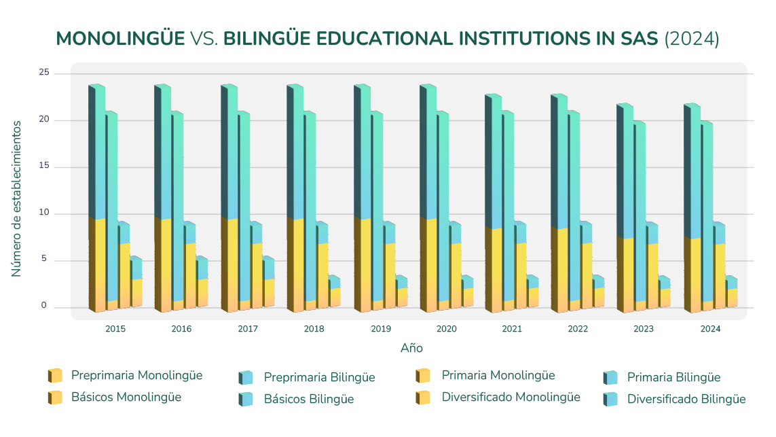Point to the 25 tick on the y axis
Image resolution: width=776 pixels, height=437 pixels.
pyautogui.click(x=43, y=73)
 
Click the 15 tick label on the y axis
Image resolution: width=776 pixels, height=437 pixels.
pyautogui.click(x=43, y=167)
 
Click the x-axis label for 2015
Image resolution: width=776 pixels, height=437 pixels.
pyautogui.click(x=115, y=329)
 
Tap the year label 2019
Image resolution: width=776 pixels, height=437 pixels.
pyautogui.click(x=381, y=329)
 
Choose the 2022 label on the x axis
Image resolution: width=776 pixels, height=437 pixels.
pyautogui.click(x=578, y=329)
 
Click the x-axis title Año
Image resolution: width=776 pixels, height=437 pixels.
pyautogui.click(x=411, y=348)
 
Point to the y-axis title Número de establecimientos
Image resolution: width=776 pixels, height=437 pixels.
pyautogui.click(x=16, y=198)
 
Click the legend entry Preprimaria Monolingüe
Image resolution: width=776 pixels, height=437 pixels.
pyautogui.click(x=136, y=375)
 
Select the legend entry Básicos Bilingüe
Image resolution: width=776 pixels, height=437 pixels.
pyautogui.click(x=308, y=399)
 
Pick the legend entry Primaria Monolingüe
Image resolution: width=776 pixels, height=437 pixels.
pyautogui.click(x=498, y=375)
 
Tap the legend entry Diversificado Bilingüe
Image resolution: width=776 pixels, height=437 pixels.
pyautogui.click(x=686, y=399)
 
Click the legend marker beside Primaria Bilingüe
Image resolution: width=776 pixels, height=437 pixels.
pyautogui.click(x=610, y=377)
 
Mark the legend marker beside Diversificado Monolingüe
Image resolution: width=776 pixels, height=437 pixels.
pyautogui.click(x=424, y=398)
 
